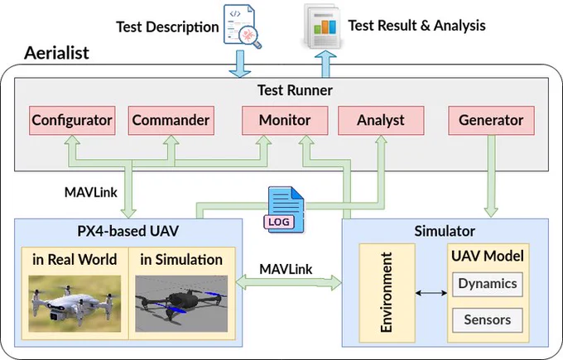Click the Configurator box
coord(72,120)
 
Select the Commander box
coord(171,120)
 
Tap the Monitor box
coord(285,120)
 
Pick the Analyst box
coord(381,120)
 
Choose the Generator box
coord(491,120)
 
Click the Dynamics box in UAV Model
coord(487,284)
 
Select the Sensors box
coord(487,319)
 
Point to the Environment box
coord(387,293)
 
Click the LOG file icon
coord(284,209)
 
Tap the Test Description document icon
coord(243,26)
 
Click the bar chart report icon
coord(322,26)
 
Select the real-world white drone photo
coord(75,304)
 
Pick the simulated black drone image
coord(181,304)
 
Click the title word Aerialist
coord(56,53)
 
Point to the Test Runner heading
coord(295,90)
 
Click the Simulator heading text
coord(445,231)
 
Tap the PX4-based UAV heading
coord(128,231)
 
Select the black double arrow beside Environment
coord(431,293)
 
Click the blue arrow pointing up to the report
coord(325,64)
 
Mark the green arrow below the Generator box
coord(491,176)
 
